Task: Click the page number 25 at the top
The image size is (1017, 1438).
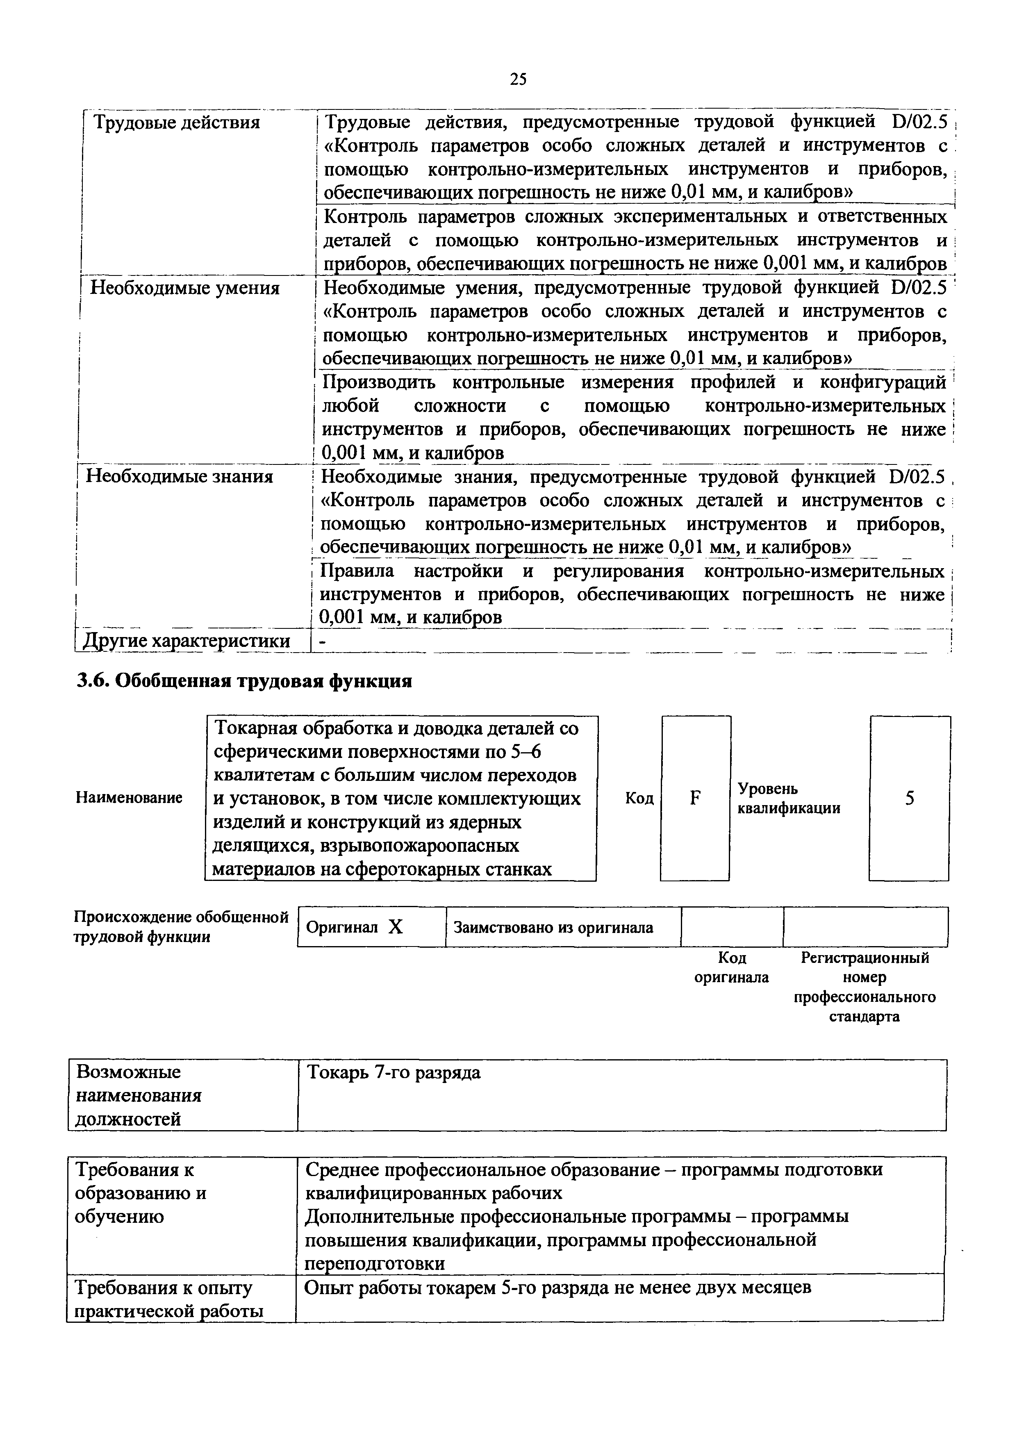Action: coord(518,79)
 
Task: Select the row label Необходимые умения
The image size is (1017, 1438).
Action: coord(185,288)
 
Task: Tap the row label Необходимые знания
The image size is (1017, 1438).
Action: coord(179,477)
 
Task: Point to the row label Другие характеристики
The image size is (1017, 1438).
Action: coord(187,641)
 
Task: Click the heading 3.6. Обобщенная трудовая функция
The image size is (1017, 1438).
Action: coord(244,681)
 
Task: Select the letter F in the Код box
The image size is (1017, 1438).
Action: coord(694,798)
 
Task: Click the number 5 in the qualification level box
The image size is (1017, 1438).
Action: coord(909,798)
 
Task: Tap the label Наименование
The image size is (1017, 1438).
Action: coord(130,798)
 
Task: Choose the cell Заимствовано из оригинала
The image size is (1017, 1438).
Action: coord(553,928)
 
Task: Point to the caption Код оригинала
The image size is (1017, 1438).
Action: coord(731,968)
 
